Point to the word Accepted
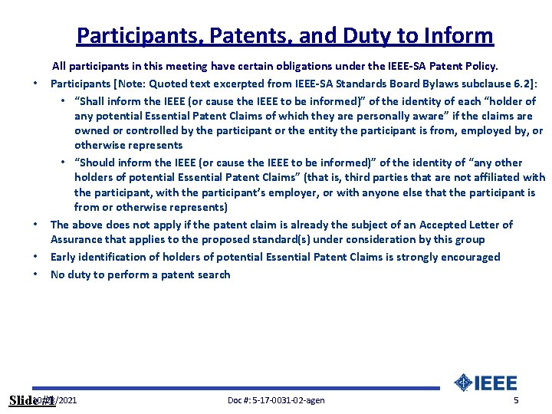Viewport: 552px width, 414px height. pyautogui.click(x=435, y=225)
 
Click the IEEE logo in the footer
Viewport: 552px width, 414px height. pyautogui.click(x=485, y=383)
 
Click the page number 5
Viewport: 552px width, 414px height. pyautogui.click(x=516, y=400)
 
